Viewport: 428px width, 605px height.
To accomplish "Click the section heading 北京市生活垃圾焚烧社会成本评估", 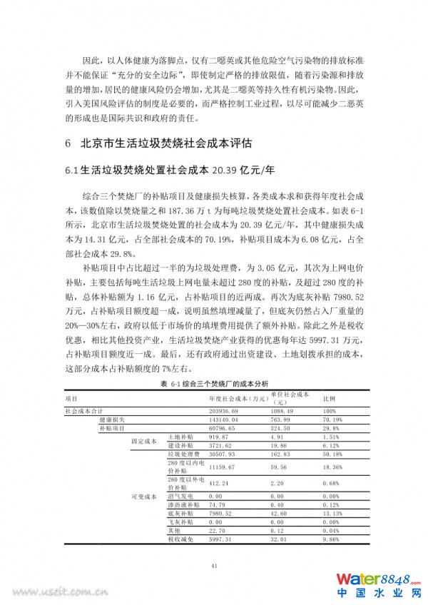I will pos(165,143).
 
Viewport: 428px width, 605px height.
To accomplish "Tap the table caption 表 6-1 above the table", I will pos(215,384).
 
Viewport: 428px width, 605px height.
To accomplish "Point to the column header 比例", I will pos(330,397).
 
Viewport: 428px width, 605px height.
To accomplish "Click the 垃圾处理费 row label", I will pos(181,453).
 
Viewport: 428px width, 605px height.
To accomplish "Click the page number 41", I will pos(214,566).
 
